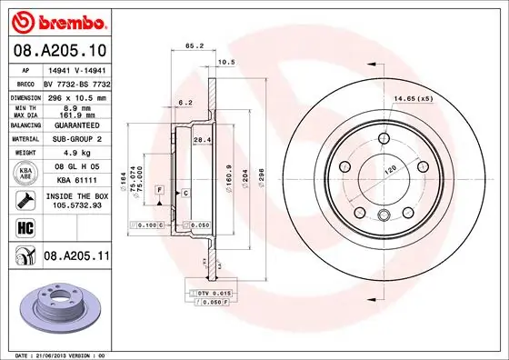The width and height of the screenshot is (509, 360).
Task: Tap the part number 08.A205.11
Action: click(76, 257)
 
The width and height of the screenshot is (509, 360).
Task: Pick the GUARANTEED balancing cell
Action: click(74, 125)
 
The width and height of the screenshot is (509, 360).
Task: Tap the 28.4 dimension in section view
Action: click(204, 139)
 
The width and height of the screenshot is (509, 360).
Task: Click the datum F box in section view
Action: click(160, 188)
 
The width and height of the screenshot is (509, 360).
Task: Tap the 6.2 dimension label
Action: click(185, 104)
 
